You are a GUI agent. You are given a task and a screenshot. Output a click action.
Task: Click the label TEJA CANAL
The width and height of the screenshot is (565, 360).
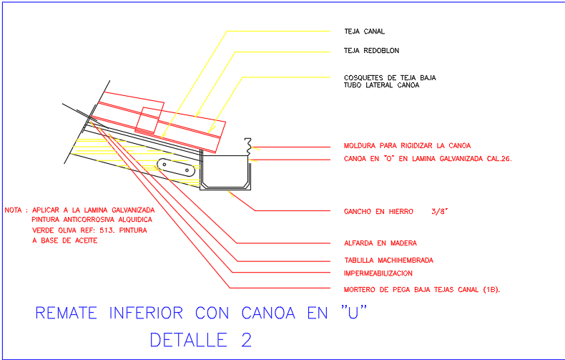364,31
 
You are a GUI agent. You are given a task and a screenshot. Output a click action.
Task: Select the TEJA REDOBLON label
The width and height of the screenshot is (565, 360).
371,51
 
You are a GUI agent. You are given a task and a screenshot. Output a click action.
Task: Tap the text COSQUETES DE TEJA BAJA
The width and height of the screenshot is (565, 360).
390,77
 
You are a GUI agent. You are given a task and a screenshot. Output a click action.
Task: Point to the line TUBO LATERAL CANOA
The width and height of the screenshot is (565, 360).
381,84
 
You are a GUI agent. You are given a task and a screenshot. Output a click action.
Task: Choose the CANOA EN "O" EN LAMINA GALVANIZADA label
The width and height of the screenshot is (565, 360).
428,159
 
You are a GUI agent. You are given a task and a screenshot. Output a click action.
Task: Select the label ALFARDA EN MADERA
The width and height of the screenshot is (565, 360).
380,243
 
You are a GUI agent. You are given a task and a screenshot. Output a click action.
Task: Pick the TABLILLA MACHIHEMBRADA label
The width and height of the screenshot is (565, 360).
388,260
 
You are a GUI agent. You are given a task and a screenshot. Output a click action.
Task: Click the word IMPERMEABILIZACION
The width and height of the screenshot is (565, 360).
378,273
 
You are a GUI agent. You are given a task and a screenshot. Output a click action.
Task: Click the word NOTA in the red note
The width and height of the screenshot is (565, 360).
14,210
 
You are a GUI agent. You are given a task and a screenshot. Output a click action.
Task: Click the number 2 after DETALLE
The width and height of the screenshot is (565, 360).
247,339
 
